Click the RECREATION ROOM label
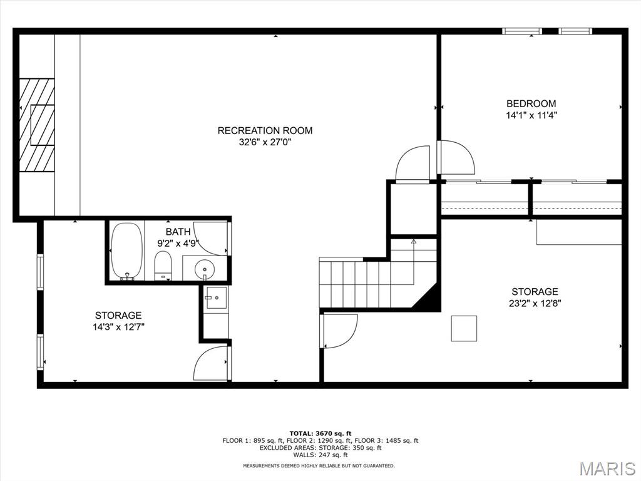click(265, 130)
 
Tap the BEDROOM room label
click(531, 103)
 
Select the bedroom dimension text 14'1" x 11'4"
click(531, 115)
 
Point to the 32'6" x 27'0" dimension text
click(265, 142)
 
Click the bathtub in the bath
click(127, 251)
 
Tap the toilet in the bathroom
click(163, 266)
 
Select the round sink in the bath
click(204, 269)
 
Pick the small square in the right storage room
click(464, 328)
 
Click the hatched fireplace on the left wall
click(37, 125)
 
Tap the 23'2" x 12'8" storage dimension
click(535, 304)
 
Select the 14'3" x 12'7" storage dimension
click(118, 327)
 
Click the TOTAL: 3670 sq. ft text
click(320, 433)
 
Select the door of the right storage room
click(340, 331)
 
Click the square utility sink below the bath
click(216, 297)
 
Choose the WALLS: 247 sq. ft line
click(320, 455)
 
